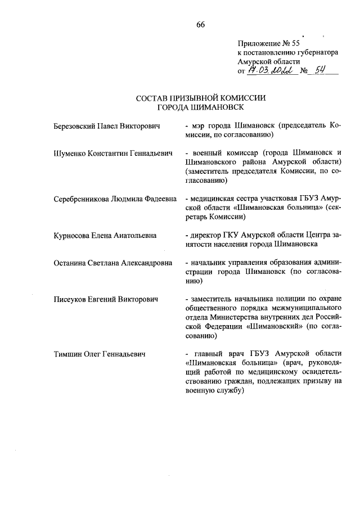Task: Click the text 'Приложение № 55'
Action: click(x=269, y=43)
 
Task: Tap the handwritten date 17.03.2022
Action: click(x=272, y=71)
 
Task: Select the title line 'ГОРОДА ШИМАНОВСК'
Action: click(x=200, y=107)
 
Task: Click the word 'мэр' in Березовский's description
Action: click(x=198, y=125)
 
